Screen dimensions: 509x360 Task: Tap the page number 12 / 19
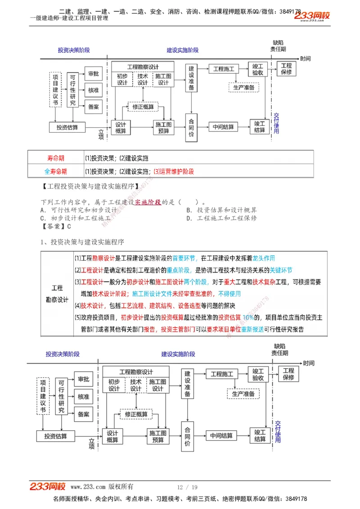187,487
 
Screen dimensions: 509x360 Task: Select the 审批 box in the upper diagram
94,74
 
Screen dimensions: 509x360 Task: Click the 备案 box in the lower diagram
83,414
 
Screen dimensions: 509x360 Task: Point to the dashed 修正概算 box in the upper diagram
143,107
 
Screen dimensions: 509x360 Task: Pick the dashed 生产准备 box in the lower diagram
243,394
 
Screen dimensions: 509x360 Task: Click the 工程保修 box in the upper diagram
286,69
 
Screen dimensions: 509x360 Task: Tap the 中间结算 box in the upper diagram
223,127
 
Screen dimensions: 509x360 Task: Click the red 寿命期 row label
55,158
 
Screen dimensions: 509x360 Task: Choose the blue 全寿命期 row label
55,171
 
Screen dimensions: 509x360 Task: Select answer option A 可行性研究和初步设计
79,210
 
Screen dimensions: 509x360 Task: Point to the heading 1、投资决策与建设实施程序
82,242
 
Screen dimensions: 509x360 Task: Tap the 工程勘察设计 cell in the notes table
57,294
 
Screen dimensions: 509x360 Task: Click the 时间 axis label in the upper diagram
306,58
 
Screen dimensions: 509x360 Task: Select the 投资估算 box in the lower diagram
56,436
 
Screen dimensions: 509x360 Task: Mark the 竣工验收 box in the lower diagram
258,375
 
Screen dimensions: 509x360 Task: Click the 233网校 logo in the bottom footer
47,487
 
